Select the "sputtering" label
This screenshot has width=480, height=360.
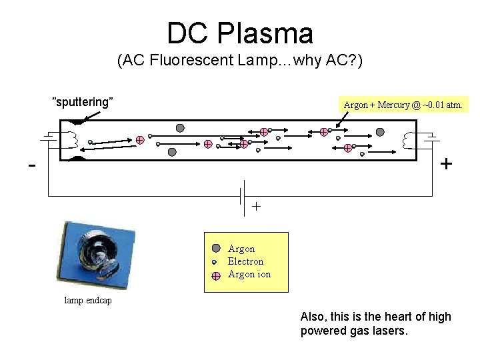[x=83, y=102]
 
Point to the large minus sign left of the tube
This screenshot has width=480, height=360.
[x=32, y=165]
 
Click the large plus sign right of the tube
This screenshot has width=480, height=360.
[x=446, y=163]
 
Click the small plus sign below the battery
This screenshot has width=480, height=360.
[x=256, y=207]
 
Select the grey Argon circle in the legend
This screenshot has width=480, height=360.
[x=216, y=248]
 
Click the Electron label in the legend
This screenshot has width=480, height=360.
[x=245, y=261]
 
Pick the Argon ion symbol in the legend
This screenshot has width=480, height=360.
[x=216, y=275]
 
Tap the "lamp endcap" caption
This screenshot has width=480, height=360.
[x=88, y=301]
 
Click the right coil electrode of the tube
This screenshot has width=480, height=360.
[x=409, y=141]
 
